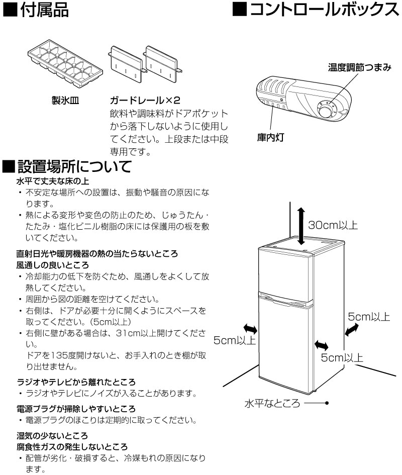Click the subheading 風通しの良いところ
pos(53,264)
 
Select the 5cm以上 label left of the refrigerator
pos(234,340)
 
